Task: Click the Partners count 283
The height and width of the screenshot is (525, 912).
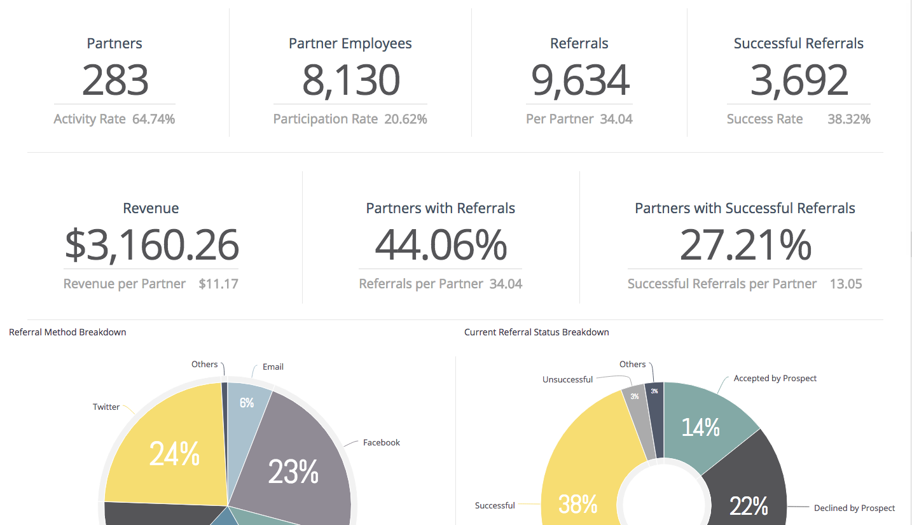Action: pos(115,80)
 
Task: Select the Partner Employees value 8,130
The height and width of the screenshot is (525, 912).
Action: pos(350,80)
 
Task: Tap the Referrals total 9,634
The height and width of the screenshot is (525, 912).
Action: pos(580,80)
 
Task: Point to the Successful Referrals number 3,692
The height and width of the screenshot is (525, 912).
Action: pos(799,80)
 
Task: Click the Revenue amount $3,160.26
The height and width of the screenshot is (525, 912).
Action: pos(151,245)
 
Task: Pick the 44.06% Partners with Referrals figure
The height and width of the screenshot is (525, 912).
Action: pos(441,245)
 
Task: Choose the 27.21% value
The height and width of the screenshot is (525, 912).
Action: pos(745,245)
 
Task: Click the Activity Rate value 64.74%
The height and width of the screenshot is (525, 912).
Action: pos(153,119)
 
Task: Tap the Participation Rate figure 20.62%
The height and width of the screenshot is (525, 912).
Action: pos(406,119)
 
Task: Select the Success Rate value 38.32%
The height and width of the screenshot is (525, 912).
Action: pos(849,119)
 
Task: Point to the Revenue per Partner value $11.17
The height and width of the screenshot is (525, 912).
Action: pos(218,284)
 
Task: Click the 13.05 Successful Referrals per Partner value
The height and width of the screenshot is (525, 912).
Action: pos(846,284)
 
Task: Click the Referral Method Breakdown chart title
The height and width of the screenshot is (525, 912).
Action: pos(67,332)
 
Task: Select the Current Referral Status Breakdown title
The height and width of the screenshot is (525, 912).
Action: pos(537,332)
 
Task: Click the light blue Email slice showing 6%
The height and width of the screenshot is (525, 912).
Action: pos(247,403)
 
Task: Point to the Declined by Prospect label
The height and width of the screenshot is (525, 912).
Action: pos(854,508)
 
